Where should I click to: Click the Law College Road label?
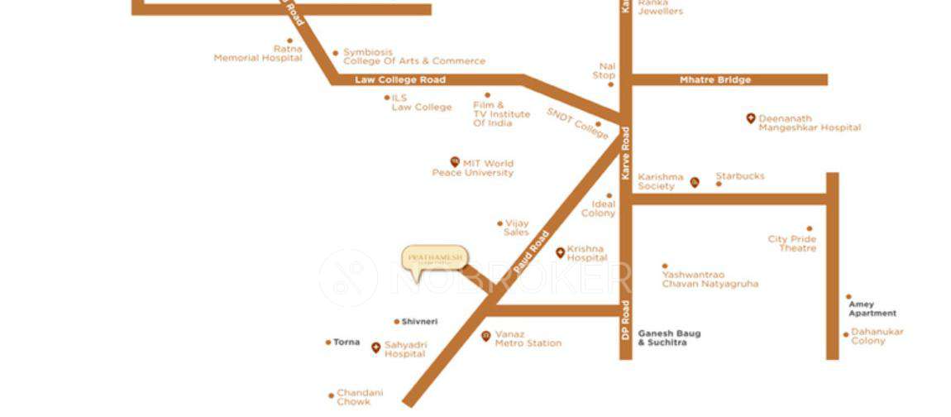(x=400, y=80)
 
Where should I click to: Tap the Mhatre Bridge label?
(x=715, y=80)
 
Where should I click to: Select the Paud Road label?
(x=531, y=253)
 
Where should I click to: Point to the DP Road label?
(x=626, y=323)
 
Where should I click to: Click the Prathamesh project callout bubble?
(x=434, y=258)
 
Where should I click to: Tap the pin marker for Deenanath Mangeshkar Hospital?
(x=751, y=119)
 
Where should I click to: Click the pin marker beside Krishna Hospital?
(x=560, y=252)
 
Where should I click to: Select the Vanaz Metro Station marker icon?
(x=485, y=336)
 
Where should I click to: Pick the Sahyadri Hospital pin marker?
(x=375, y=347)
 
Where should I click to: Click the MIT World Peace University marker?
(x=454, y=162)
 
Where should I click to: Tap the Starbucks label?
(x=740, y=176)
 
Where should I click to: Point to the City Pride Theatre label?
(x=792, y=244)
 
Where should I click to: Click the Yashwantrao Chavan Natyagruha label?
(x=710, y=280)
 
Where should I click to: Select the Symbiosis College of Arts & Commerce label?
(x=413, y=57)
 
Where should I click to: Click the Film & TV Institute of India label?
(x=501, y=114)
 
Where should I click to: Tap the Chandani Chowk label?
(x=360, y=397)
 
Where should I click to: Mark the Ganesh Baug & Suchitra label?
(x=669, y=338)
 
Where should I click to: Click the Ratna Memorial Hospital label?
(x=258, y=54)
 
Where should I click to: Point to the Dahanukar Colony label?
(x=877, y=336)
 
